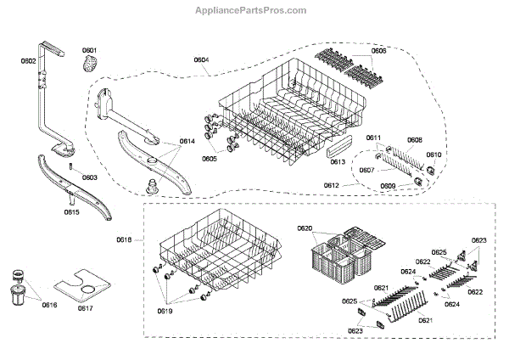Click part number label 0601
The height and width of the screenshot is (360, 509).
[x=89, y=50]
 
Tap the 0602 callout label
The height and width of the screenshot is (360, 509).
[x=28, y=61]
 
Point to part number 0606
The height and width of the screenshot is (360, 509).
[x=378, y=50]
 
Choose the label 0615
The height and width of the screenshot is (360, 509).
[x=72, y=211]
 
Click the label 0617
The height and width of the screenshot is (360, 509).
[x=85, y=307]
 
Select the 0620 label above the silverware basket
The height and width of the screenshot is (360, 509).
[x=305, y=228]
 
